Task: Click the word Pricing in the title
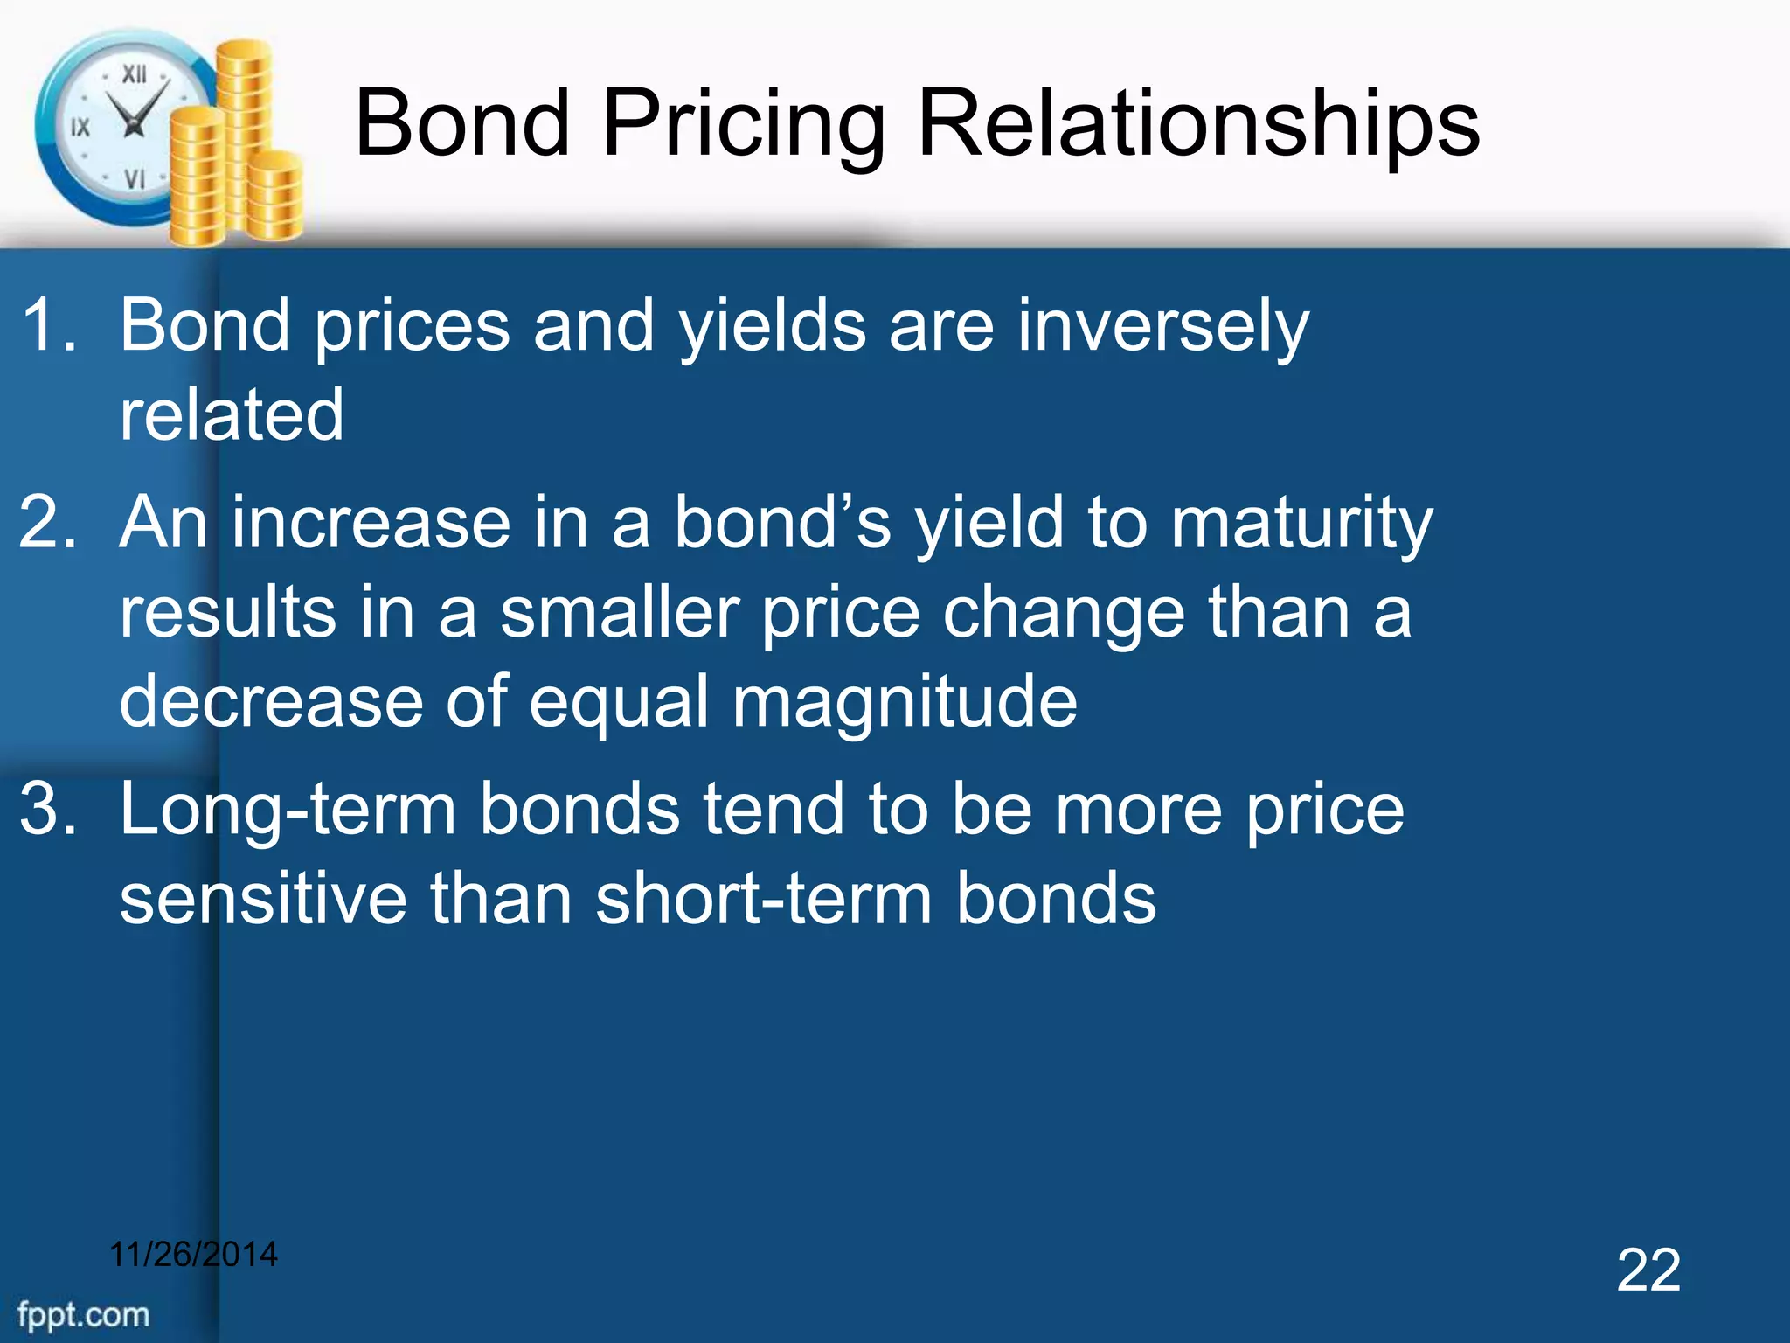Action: click(743, 124)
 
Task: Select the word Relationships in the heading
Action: click(1198, 124)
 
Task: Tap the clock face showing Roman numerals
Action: click(122, 127)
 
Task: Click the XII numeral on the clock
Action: click(134, 74)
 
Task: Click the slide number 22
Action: click(1648, 1270)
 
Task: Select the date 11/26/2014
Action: click(193, 1254)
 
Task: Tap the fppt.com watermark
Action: click(84, 1314)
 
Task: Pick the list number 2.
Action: click(48, 522)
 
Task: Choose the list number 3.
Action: click(48, 809)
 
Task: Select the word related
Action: click(232, 414)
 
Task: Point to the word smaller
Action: click(620, 612)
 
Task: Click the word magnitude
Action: click(905, 702)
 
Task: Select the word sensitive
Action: click(263, 899)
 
